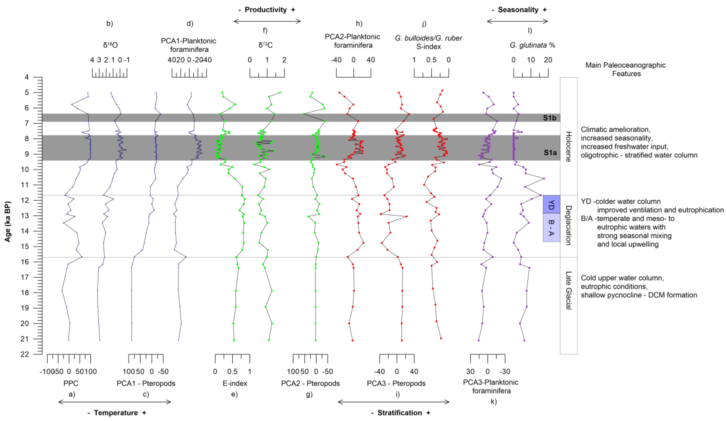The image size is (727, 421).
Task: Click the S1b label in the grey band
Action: tap(550, 118)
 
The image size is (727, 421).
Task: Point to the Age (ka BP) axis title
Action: tap(8, 221)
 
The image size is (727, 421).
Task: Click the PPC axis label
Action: tap(71, 384)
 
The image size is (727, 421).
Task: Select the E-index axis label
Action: tap(235, 384)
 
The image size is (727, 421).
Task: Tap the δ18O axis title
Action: tap(110, 45)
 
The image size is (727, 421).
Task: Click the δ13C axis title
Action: tap(265, 45)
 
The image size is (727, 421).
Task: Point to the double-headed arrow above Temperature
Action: tap(115, 402)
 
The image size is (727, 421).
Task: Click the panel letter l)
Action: tap(530, 30)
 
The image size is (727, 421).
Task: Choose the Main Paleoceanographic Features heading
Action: tap(626, 69)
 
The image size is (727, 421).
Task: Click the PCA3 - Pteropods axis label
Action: tap(396, 384)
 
